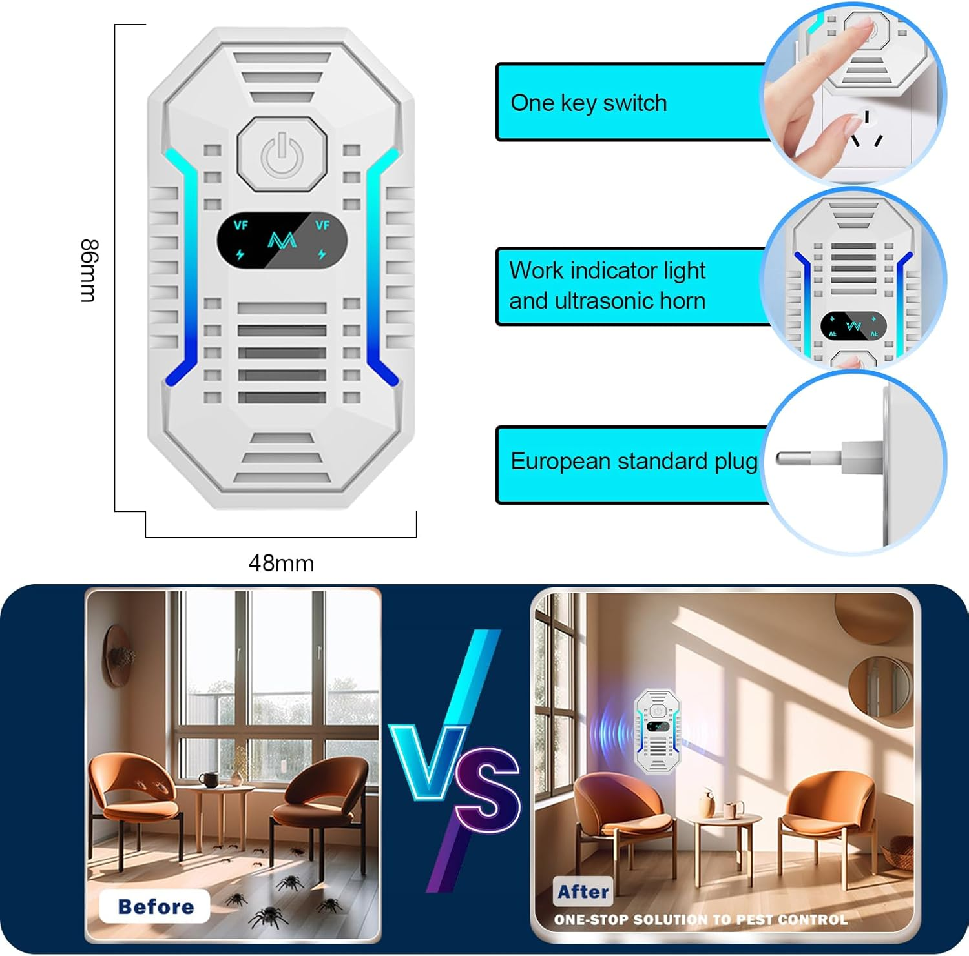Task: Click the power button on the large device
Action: [282, 154]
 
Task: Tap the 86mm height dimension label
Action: [89, 270]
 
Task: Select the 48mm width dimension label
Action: [281, 564]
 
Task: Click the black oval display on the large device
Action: [282, 240]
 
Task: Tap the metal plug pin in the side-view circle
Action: [808, 458]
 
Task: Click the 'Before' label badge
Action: [155, 906]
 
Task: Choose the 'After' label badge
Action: [583, 891]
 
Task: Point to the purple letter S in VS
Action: [488, 789]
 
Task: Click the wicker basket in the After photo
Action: [899, 853]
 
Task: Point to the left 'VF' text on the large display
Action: [240, 225]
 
